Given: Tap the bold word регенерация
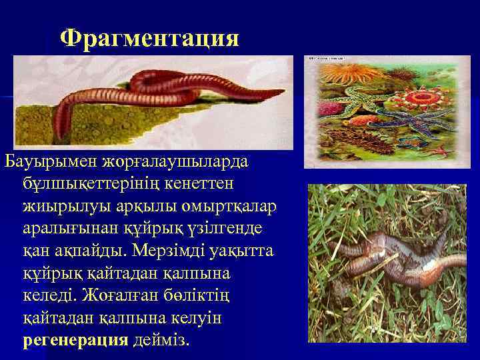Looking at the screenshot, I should point(75,340).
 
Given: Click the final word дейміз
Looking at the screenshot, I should point(161,340).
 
